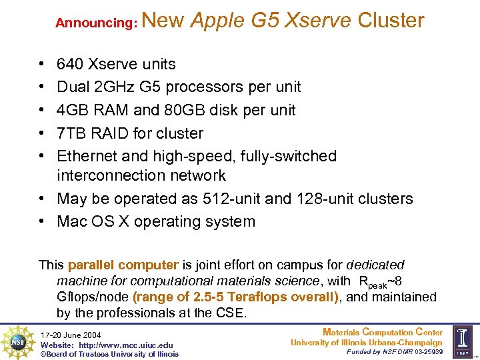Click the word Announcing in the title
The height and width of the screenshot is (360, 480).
[x=96, y=23]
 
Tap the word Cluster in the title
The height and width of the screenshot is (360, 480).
[x=391, y=21]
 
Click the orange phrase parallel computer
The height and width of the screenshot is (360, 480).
[x=132, y=265]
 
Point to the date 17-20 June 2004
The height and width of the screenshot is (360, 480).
[x=71, y=334]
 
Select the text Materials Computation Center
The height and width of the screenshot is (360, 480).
[x=382, y=332]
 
